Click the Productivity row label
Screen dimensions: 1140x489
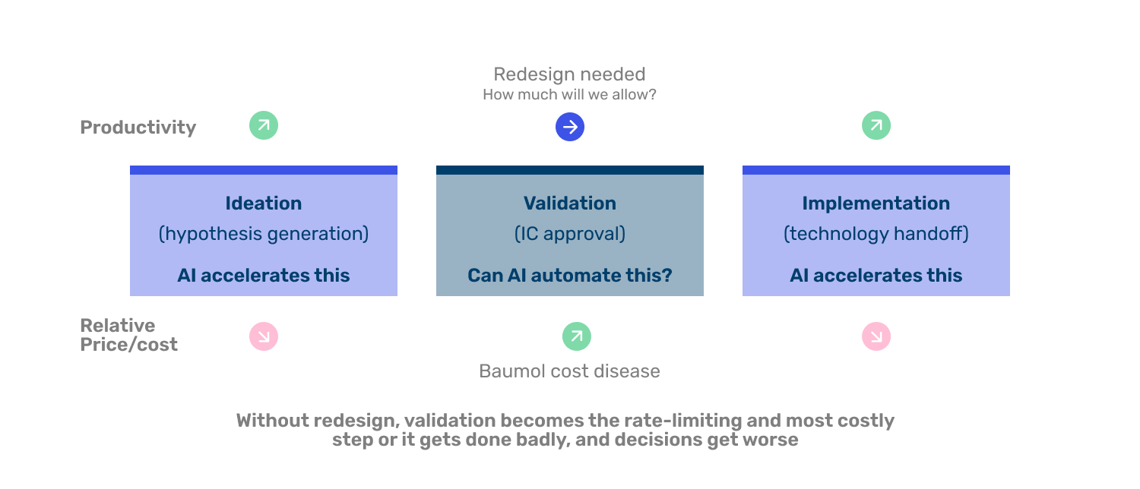click(138, 127)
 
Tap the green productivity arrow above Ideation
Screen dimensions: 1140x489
click(264, 125)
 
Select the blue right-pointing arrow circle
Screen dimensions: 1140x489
click(570, 127)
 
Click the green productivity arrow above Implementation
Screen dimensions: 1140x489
click(876, 125)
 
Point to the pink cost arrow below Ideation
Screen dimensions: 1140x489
click(264, 336)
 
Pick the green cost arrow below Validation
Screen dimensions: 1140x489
click(577, 336)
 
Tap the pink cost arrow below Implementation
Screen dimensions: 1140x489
click(876, 336)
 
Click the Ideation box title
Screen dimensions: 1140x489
click(264, 203)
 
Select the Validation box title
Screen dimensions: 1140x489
click(570, 203)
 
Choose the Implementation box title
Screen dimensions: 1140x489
click(876, 203)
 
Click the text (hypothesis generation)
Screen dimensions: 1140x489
click(264, 234)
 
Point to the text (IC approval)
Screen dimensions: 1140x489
click(570, 234)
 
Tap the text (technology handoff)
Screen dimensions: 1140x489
click(876, 234)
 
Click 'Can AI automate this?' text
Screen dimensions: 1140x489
click(570, 276)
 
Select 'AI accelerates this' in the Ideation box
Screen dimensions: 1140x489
click(264, 276)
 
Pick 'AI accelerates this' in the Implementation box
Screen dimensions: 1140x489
click(876, 276)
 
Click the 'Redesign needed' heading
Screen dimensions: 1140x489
click(569, 74)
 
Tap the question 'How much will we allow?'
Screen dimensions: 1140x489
click(569, 95)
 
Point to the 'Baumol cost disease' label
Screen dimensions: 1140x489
click(569, 371)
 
